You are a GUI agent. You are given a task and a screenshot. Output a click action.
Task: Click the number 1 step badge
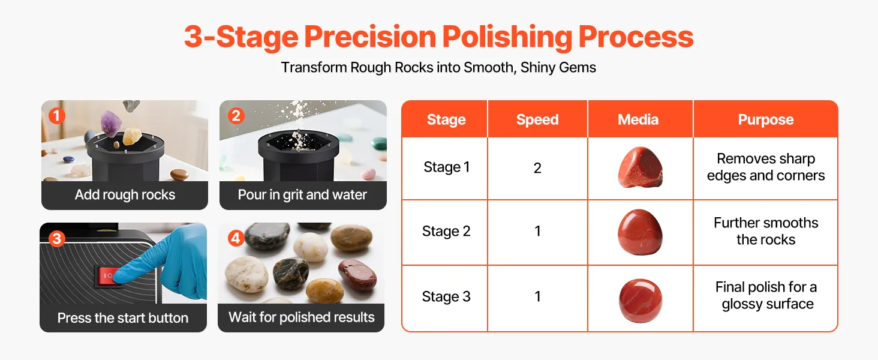(x=57, y=116)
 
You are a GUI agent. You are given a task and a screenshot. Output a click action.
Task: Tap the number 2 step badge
(x=236, y=116)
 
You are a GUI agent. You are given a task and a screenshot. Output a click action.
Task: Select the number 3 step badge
(x=57, y=238)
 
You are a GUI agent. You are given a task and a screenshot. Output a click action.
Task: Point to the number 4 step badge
(x=236, y=238)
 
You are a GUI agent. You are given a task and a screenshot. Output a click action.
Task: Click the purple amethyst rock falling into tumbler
(x=112, y=123)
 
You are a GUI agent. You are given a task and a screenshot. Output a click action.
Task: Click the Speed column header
(x=537, y=119)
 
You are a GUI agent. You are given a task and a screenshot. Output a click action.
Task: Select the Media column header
(x=638, y=119)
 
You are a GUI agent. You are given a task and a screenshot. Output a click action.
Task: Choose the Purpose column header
(x=765, y=119)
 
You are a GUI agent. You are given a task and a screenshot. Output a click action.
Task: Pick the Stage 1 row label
(x=446, y=167)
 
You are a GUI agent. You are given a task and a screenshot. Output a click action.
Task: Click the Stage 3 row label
(x=446, y=296)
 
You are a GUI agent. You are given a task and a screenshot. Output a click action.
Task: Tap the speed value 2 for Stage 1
(x=537, y=168)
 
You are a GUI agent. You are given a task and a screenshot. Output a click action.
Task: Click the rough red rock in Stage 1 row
(x=640, y=167)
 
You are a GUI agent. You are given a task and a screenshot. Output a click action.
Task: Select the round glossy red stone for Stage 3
(x=641, y=301)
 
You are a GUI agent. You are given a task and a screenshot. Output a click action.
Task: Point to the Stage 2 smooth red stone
(x=640, y=232)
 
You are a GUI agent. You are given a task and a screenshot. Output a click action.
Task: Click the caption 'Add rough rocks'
(x=125, y=194)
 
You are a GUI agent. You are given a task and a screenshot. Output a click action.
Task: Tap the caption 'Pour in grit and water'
(x=302, y=194)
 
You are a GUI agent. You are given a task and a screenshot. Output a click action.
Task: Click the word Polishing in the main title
(x=507, y=37)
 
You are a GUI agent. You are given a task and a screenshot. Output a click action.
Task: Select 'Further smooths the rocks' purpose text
(x=766, y=231)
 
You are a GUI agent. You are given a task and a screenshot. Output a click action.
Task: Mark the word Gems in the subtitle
(x=578, y=67)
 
